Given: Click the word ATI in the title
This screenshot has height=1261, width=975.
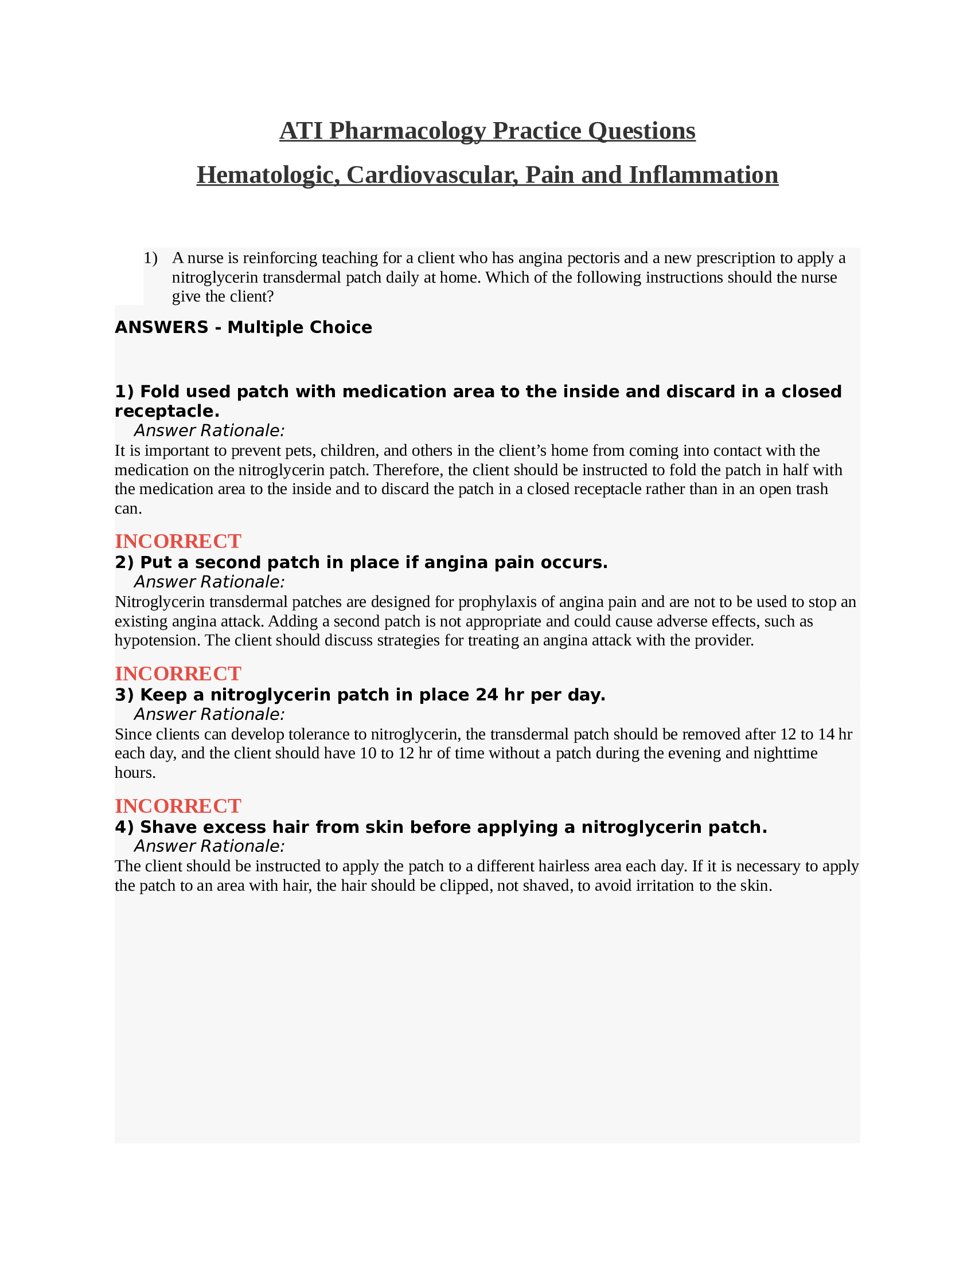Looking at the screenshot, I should pyautogui.click(x=301, y=131).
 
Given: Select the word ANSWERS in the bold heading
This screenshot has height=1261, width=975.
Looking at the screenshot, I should pyautogui.click(x=161, y=327).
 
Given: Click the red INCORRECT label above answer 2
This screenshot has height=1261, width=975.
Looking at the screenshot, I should pyautogui.click(x=178, y=541).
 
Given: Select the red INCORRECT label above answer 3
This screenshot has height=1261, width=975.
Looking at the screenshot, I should pyautogui.click(x=178, y=673).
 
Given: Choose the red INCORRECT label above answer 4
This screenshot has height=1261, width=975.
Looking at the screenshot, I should pyautogui.click(x=178, y=805).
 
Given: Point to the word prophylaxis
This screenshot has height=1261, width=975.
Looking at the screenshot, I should pyautogui.click(x=497, y=602).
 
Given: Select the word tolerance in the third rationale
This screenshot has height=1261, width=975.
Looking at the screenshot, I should pyautogui.click(x=326, y=734).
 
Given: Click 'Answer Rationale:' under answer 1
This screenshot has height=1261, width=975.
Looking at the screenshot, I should pyautogui.click(x=209, y=430).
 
